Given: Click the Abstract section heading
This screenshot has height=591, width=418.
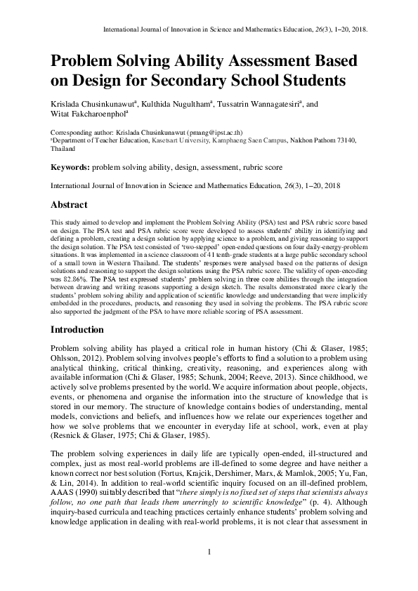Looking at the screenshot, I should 69,205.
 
